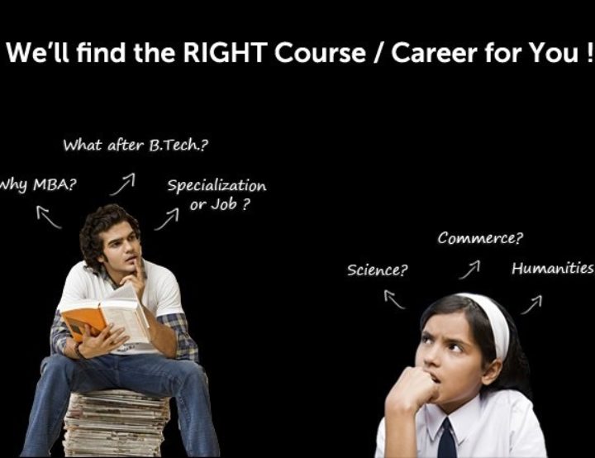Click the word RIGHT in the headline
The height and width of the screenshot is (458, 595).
tap(226, 52)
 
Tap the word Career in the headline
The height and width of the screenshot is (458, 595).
tap(434, 53)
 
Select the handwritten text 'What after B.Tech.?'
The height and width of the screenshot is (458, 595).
tap(136, 145)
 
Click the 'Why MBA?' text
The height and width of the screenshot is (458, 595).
tap(37, 185)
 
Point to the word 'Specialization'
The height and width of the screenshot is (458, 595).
tap(217, 186)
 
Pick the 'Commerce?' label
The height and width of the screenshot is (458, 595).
tap(480, 238)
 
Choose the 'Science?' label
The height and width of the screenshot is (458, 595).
tap(377, 270)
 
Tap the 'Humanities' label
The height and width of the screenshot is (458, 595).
tap(553, 268)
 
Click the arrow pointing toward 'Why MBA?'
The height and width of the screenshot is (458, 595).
tap(48, 217)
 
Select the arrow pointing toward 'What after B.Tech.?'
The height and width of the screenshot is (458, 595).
tap(122, 184)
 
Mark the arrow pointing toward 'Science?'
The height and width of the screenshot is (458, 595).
tap(394, 299)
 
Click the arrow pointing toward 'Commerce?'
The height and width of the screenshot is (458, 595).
tap(469, 270)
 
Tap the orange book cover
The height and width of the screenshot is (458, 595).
tap(82, 322)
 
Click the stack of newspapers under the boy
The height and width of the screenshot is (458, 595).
tap(117, 423)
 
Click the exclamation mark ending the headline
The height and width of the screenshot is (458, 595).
tap(588, 53)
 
